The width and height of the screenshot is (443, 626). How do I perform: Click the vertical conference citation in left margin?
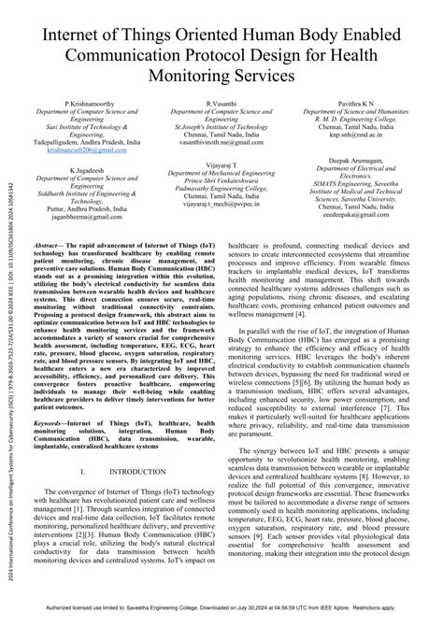pos(8,374)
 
